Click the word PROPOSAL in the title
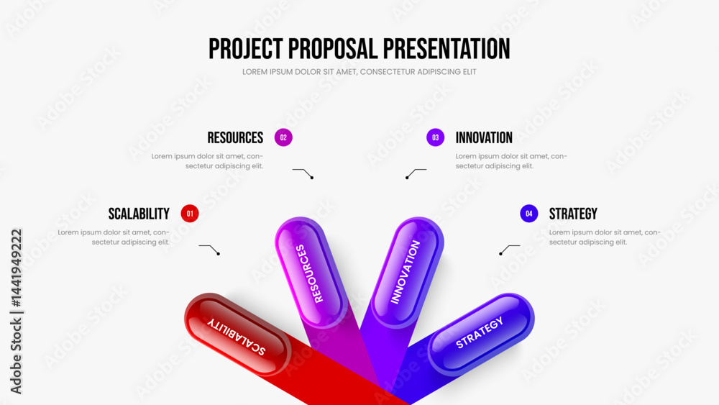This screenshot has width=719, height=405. [x=332, y=49]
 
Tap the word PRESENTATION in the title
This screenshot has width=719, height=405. [x=446, y=49]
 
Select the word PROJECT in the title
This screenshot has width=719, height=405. [x=246, y=49]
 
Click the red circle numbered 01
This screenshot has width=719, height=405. [x=190, y=213]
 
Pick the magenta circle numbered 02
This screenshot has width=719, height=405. [x=283, y=137]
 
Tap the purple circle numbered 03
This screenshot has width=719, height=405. [x=435, y=137]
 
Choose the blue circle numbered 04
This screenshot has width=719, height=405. [x=528, y=213]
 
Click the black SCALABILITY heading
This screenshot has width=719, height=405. [x=139, y=214]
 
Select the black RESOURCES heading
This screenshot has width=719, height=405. [x=235, y=137]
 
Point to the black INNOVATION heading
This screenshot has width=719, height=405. [x=484, y=137]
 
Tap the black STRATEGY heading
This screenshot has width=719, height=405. [x=573, y=214]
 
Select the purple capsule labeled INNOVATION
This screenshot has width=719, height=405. [x=407, y=273]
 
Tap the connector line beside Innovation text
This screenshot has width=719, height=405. [x=415, y=172]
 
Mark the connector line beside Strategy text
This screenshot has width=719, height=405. [x=508, y=248]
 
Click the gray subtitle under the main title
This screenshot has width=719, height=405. [x=359, y=72]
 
